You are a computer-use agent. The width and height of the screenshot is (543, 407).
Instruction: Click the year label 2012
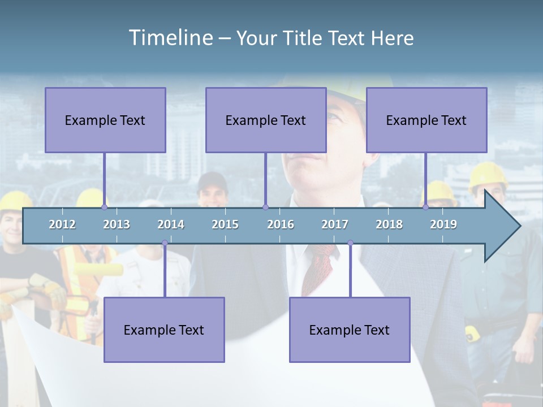coord(62,224)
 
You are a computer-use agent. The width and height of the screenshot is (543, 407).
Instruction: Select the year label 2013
coord(117,224)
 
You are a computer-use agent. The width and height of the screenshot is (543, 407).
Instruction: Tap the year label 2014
coord(171,224)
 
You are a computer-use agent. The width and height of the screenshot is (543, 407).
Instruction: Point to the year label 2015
coord(225,224)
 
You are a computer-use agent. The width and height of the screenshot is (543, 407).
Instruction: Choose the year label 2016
coord(281,224)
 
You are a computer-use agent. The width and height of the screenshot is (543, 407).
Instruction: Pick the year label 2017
coord(335,224)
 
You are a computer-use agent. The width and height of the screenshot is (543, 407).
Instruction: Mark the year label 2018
coord(389,224)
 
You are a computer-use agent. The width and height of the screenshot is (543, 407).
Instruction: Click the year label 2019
coord(443,224)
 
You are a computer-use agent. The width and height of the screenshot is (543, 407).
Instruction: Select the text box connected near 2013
coord(105,120)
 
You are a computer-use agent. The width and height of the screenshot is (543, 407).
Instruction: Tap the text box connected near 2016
coord(266,120)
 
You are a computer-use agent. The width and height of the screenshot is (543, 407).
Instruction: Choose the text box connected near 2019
coord(426,120)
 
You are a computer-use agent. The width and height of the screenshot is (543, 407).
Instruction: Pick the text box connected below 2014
coord(164,330)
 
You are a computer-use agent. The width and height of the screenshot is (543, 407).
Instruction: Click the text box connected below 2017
coord(350,330)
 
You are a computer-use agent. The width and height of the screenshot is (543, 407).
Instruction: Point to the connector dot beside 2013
coord(104,207)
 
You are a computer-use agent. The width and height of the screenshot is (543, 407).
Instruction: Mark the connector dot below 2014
coord(165,243)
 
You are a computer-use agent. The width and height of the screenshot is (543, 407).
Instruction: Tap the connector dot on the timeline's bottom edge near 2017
coord(350,243)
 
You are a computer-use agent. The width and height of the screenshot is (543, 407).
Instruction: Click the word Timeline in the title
coord(170,38)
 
